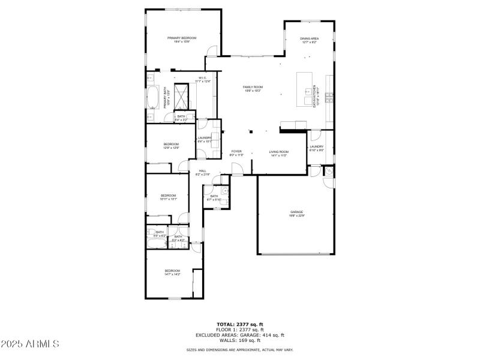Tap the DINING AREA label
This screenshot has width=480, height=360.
[309, 40]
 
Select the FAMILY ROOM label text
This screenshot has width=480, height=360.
[253, 89]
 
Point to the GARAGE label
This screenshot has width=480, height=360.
[296, 213]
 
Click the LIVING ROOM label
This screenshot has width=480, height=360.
[279, 154]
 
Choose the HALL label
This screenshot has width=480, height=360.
[203, 172]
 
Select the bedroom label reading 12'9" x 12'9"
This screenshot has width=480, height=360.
[172, 146]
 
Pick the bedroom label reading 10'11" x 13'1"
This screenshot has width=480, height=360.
[168, 197]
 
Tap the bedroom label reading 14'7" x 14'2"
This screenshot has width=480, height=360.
[172, 272]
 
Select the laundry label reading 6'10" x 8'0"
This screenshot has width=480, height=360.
[316, 148]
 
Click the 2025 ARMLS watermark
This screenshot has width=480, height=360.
[30, 344]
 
